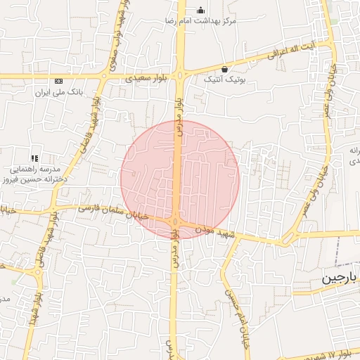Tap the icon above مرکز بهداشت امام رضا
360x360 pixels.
point(201,10)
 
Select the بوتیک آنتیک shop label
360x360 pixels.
point(224,80)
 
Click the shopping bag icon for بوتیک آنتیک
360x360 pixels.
point(224,69)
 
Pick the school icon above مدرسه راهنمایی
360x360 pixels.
point(34,158)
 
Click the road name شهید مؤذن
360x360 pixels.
point(213,231)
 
